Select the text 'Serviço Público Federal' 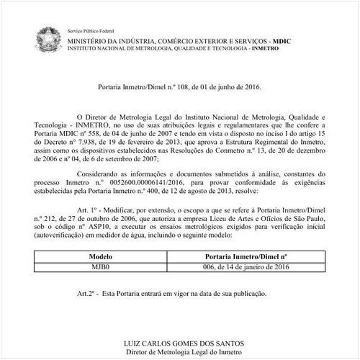[x=90, y=32]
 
